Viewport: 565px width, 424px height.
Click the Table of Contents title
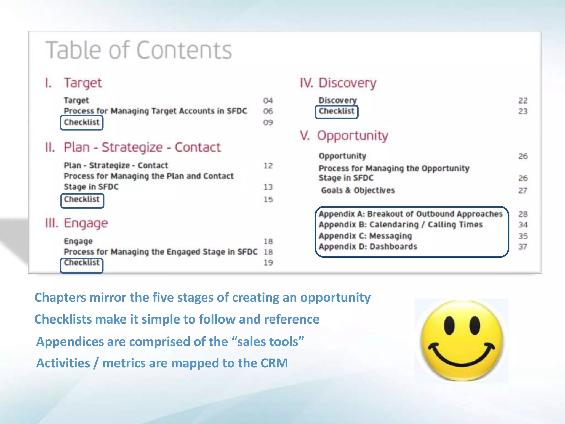point(139,50)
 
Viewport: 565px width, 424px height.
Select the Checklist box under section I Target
point(82,123)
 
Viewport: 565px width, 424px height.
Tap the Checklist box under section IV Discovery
point(337,112)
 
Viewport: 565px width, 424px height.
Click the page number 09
point(268,122)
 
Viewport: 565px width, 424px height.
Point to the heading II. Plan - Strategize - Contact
point(133,147)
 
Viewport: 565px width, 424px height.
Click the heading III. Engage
point(77,223)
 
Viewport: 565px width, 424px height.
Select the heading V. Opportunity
point(344,136)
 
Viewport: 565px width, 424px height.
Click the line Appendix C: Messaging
point(365,236)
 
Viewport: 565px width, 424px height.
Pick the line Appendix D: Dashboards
point(368,247)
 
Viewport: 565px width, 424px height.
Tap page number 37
point(523,247)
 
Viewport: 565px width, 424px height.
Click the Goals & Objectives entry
point(358,190)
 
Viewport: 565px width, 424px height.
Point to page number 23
point(523,111)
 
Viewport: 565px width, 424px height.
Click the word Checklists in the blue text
point(63,319)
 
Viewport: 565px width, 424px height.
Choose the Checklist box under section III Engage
point(82,265)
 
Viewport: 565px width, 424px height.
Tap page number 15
point(268,199)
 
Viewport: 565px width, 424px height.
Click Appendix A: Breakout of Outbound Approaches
point(411,214)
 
